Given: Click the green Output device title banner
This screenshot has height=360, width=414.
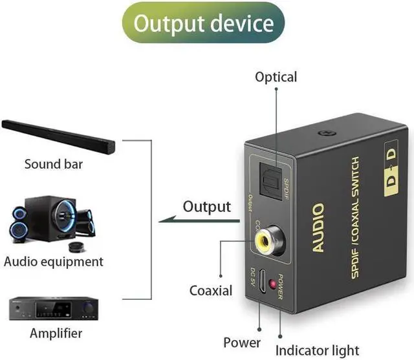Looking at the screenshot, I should (203, 24).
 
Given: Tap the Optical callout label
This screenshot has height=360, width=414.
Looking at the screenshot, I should (276, 77).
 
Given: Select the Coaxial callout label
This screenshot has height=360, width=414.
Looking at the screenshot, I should (210, 290).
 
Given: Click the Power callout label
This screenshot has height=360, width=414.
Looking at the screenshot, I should (242, 342).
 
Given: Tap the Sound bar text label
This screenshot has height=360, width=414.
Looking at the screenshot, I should (54, 164).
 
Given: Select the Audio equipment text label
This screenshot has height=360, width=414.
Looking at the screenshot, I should (54, 262).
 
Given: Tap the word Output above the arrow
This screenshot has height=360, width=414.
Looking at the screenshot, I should (206, 207).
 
